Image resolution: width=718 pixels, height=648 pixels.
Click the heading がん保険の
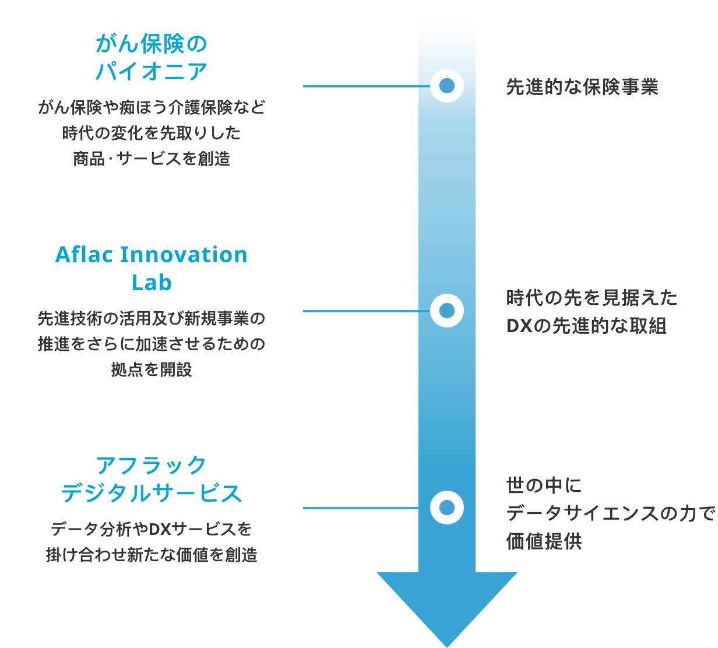point(152,44)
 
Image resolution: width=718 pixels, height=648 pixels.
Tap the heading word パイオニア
point(152,71)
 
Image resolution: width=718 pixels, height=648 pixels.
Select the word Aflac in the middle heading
point(83,255)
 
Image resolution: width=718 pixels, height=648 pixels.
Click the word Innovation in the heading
point(184,255)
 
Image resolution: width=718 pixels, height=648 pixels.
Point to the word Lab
point(152,282)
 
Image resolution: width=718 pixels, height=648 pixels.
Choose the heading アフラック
point(152,466)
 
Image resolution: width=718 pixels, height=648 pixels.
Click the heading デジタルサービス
point(152,493)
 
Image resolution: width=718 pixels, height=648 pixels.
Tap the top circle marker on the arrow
point(446,86)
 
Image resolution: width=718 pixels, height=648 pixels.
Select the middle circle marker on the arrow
point(446,311)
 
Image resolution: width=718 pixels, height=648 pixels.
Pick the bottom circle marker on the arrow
point(446,508)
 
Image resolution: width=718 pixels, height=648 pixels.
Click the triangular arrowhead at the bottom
point(446,605)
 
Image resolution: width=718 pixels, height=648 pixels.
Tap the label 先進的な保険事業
point(582,87)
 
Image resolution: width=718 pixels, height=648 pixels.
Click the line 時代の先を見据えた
point(592,298)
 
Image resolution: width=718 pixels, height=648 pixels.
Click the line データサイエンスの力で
point(611,513)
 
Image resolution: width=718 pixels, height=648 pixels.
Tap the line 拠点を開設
point(152,369)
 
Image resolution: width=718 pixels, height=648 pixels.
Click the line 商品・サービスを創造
point(152,159)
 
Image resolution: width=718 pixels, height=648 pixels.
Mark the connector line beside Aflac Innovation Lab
point(367,311)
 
